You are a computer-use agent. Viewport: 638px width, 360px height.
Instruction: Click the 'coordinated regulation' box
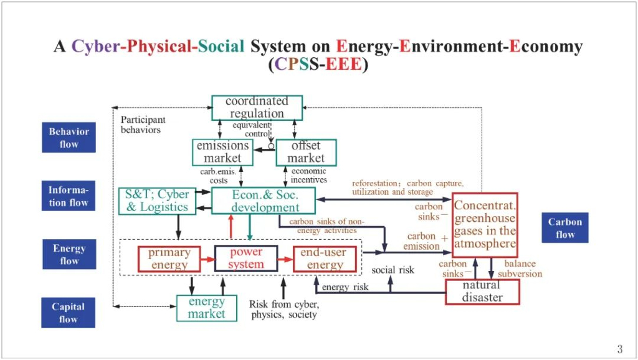point(257,107)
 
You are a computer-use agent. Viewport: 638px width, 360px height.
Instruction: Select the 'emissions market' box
point(222,152)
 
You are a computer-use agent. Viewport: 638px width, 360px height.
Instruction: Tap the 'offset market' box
point(306,152)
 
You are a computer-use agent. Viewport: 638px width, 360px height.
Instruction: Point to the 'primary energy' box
point(169,258)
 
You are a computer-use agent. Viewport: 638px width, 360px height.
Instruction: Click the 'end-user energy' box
point(325,258)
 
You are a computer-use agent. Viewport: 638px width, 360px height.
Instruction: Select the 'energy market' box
point(206,308)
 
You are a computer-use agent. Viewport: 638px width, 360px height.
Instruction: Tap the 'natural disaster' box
point(482,291)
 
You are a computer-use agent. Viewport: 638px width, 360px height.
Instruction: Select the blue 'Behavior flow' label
point(69,138)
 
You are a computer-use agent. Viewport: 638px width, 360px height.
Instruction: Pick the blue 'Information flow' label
point(69,196)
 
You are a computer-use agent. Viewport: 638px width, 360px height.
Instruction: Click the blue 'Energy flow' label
point(69,254)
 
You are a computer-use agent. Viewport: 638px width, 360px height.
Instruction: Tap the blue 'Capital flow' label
point(69,313)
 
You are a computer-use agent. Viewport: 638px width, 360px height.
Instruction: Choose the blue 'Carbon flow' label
point(565,228)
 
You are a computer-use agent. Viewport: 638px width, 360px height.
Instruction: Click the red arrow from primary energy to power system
point(207,258)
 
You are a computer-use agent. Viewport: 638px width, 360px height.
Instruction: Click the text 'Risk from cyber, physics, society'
point(284,310)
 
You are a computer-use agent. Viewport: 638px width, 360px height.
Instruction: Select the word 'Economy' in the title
point(546,46)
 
